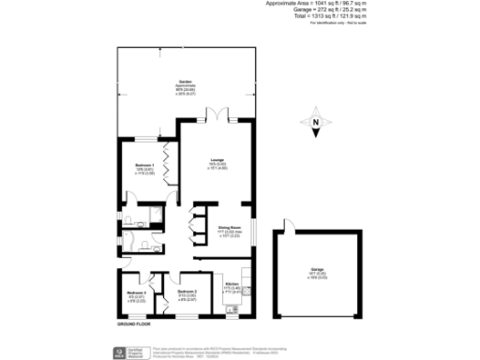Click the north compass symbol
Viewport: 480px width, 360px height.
[x=316, y=123]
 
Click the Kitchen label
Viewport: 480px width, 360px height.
[x=232, y=285]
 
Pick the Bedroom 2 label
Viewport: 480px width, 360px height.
[x=187, y=292]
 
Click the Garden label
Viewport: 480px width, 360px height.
[x=184, y=82]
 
